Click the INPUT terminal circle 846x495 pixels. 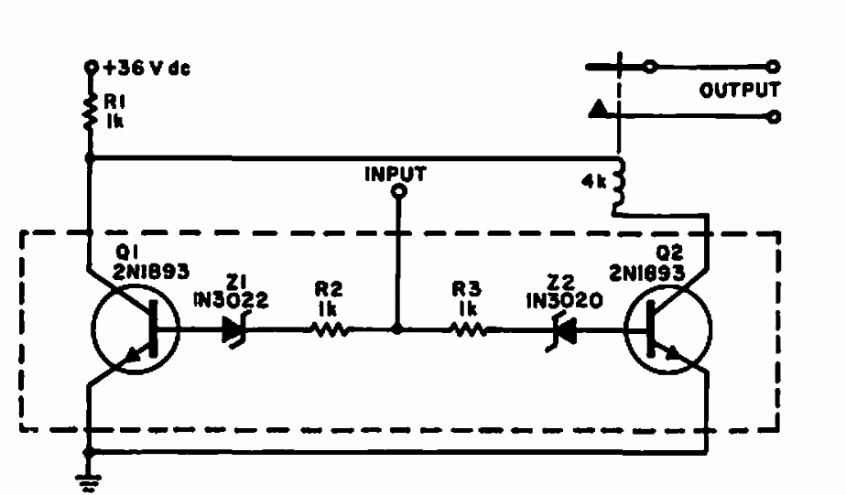pos(397,192)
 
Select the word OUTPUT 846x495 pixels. pos(740,91)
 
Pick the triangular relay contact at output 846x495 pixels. pos(597,111)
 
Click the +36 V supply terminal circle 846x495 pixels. pos(90,67)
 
